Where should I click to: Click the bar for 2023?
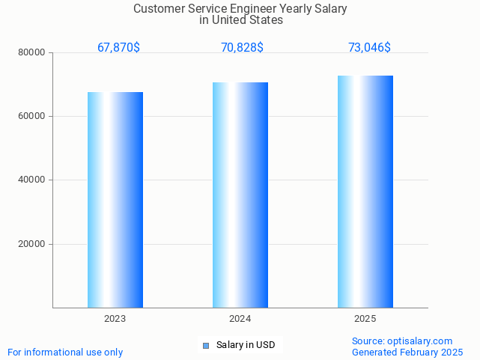pos(115,200)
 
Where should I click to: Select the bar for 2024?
pos(240,195)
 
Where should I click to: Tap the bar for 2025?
pos(365,192)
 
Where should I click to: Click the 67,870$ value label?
pos(118,48)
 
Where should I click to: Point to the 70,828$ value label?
pos(242,48)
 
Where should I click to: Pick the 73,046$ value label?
pos(369,48)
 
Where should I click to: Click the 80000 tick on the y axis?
pos(32,52)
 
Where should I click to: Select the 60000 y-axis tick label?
pos(32,117)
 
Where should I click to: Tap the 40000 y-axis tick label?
pos(32,180)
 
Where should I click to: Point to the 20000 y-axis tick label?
pos(32,244)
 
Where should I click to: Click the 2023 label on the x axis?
pos(115,319)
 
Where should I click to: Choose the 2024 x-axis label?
pos(240,319)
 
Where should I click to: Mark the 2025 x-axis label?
pos(365,319)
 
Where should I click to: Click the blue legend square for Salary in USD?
pos(206,345)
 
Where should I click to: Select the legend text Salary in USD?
pos(246,345)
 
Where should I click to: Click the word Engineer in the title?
pos(254,9)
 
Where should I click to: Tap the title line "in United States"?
pos(241,20)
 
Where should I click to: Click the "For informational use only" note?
pos(65,352)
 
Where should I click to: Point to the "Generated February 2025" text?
pos(407,352)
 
